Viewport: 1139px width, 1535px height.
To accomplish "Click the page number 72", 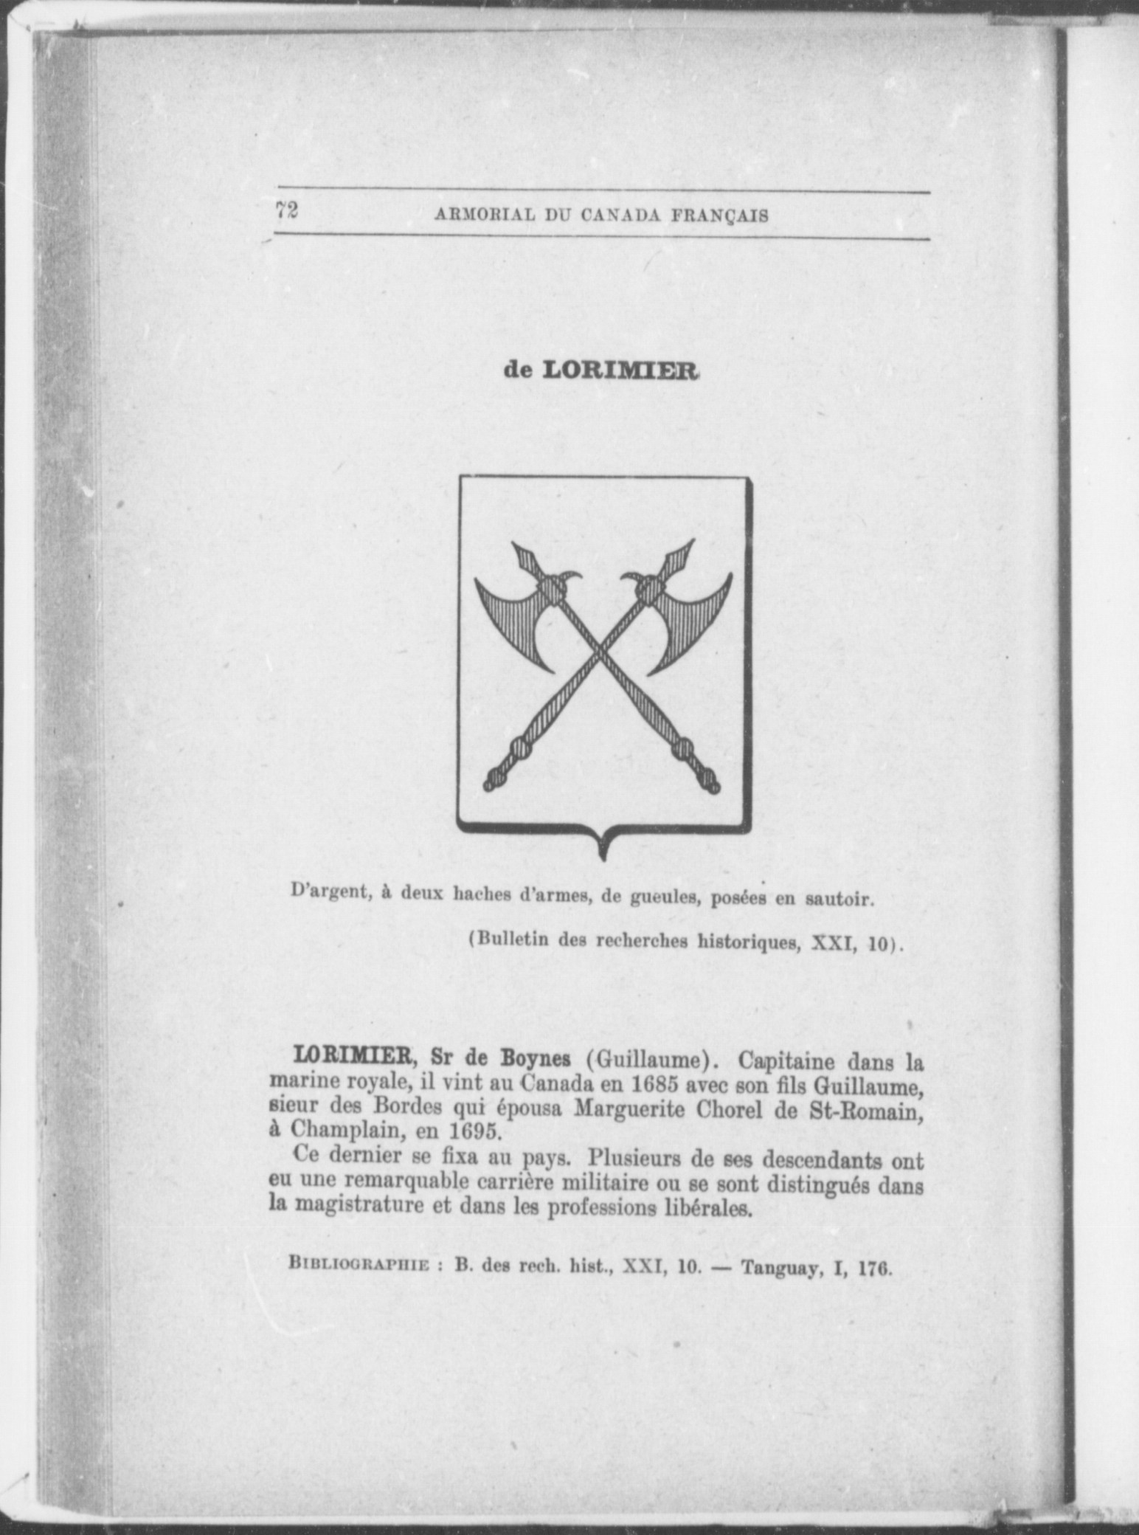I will (x=287, y=211).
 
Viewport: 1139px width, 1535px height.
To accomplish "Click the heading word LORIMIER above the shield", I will (x=620, y=370).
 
